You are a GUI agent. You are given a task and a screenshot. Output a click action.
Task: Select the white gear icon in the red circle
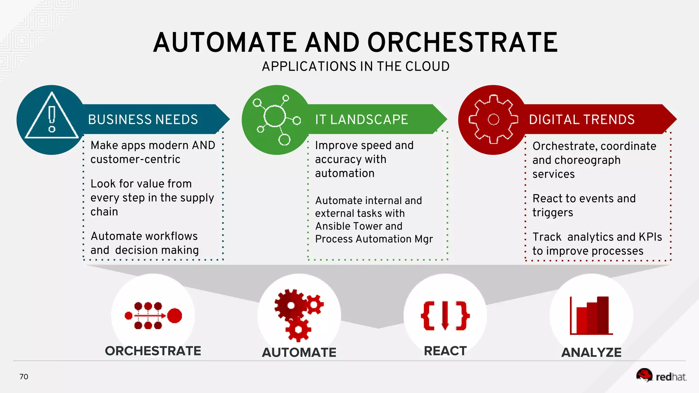493,119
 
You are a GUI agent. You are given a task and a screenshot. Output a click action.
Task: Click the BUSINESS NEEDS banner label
143,120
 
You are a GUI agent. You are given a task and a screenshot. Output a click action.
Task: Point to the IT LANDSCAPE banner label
361,120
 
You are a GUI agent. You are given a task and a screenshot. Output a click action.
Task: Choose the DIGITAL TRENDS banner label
582,120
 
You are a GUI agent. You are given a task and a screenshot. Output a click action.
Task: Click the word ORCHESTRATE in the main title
462,43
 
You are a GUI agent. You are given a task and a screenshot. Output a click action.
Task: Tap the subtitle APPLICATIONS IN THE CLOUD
356,67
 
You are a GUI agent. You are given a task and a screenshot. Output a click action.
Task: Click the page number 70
24,377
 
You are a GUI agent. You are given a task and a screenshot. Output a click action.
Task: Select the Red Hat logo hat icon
644,375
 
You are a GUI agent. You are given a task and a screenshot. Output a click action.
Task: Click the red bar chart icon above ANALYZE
591,316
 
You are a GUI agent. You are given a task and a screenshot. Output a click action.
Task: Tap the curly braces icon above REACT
445,316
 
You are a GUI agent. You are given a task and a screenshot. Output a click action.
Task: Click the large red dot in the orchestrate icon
174,316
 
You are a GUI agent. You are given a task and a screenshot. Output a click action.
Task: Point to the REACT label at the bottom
445,351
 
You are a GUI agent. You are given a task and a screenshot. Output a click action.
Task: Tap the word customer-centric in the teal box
135,159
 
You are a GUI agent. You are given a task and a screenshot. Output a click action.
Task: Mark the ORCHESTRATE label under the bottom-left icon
153,351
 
